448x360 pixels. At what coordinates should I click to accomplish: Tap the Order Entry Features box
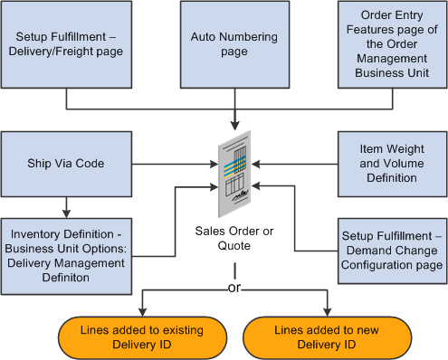point(392,44)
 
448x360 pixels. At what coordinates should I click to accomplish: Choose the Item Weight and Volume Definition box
point(392,164)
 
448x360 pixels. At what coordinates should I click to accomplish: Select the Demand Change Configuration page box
point(392,244)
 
